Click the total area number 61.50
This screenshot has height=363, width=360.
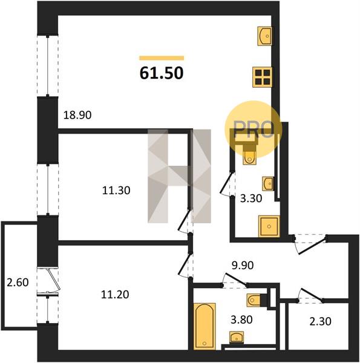coord(162,73)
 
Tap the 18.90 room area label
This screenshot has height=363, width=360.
coord(77,115)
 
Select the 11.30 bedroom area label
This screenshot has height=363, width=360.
coord(116,191)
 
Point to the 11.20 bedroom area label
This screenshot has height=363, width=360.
coord(115,295)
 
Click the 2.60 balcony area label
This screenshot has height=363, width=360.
coord(18,282)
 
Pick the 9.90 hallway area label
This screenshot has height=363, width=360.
coord(243,265)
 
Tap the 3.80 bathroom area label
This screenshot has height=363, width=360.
coord(241,319)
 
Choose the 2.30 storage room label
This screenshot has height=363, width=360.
coord(321,321)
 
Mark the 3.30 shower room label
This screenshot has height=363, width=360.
coord(251,198)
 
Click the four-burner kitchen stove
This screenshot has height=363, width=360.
coord(263,77)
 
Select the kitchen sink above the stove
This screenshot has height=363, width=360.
coord(265,36)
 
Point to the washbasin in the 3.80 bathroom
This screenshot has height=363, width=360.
coord(237,337)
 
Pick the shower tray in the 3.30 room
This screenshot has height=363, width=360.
coord(269,226)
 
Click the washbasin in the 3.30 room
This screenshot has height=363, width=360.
coord(268,183)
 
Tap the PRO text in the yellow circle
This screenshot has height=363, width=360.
coord(254,129)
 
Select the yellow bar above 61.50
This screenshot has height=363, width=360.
coord(162,58)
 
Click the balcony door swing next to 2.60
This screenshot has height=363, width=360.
coord(53,280)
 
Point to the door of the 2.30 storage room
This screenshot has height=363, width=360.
coord(310,295)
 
